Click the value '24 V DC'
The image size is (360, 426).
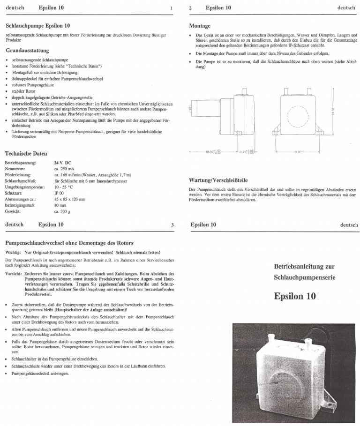[63, 163]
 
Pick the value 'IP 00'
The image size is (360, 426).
[59, 193]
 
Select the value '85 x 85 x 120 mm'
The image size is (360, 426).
[70, 199]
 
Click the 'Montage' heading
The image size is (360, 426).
[199, 25]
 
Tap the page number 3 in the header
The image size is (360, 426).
[172, 225]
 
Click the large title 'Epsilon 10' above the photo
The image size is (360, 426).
[295, 297]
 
